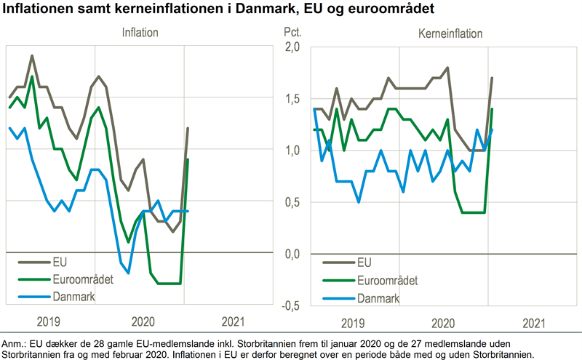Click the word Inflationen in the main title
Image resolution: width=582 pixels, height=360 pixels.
tap(36, 10)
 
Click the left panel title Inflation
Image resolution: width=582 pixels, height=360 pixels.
tap(140, 33)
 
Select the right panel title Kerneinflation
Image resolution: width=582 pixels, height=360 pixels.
tap(450, 33)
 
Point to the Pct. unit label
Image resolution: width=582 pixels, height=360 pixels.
tap(291, 33)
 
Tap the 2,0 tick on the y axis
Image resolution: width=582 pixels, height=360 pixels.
tap(291, 47)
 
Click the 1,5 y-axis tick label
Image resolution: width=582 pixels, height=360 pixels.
tap(291, 99)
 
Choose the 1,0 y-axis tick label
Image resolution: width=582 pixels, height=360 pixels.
tap(291, 151)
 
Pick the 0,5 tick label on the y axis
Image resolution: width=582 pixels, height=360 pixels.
tap(291, 202)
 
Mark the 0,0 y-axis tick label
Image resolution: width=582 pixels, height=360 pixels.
tap(291, 254)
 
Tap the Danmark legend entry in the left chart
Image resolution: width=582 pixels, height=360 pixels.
tap(73, 297)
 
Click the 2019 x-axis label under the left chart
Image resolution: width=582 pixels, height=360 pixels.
tap(49, 321)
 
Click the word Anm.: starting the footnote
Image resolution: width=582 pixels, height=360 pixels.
tap(14, 342)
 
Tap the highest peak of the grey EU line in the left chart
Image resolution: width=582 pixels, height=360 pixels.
tap(32, 55)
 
